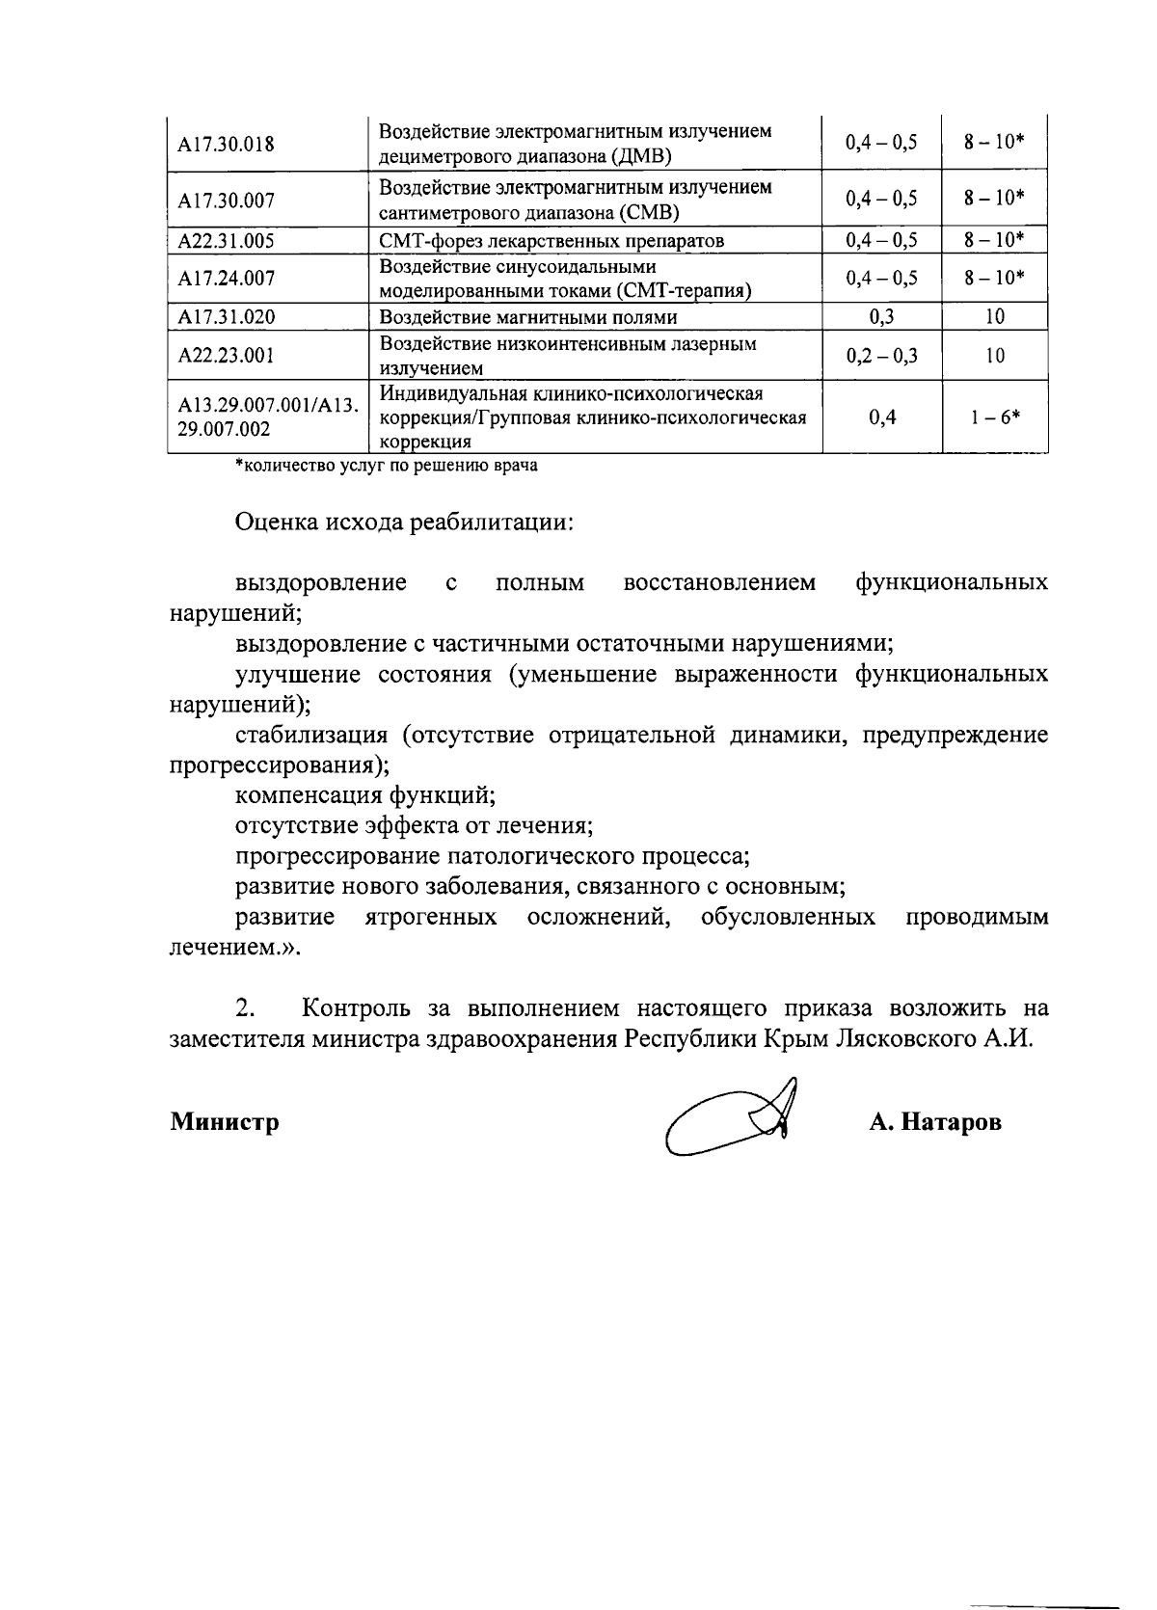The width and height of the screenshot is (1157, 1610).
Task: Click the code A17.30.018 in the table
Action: pyautogui.click(x=226, y=145)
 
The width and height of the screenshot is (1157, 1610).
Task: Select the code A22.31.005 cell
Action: pyautogui.click(x=226, y=240)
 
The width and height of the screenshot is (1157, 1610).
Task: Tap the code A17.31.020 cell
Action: pyautogui.click(x=226, y=317)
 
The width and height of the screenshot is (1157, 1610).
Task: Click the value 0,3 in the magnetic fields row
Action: pyautogui.click(x=881, y=317)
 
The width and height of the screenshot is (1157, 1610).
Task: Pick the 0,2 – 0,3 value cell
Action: pyautogui.click(x=881, y=356)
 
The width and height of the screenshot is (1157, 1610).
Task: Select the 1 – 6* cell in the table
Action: pyautogui.click(x=995, y=417)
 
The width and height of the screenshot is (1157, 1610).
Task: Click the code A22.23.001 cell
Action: pyautogui.click(x=226, y=356)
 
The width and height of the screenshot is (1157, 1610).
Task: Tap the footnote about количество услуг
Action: pyautogui.click(x=387, y=467)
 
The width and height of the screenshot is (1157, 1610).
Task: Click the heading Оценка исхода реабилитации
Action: pyautogui.click(x=405, y=523)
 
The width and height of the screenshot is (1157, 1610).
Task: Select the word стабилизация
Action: pyautogui.click(x=311, y=736)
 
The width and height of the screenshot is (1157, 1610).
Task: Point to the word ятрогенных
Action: pyautogui.click(x=431, y=917)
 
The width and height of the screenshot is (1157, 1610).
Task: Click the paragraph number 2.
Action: pyautogui.click(x=245, y=1009)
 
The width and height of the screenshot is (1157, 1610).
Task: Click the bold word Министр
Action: pyautogui.click(x=225, y=1122)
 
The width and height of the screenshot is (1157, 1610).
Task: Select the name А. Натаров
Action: pyautogui.click(x=934, y=1122)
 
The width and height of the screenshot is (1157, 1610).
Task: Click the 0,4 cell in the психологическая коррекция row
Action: pyautogui.click(x=881, y=417)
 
